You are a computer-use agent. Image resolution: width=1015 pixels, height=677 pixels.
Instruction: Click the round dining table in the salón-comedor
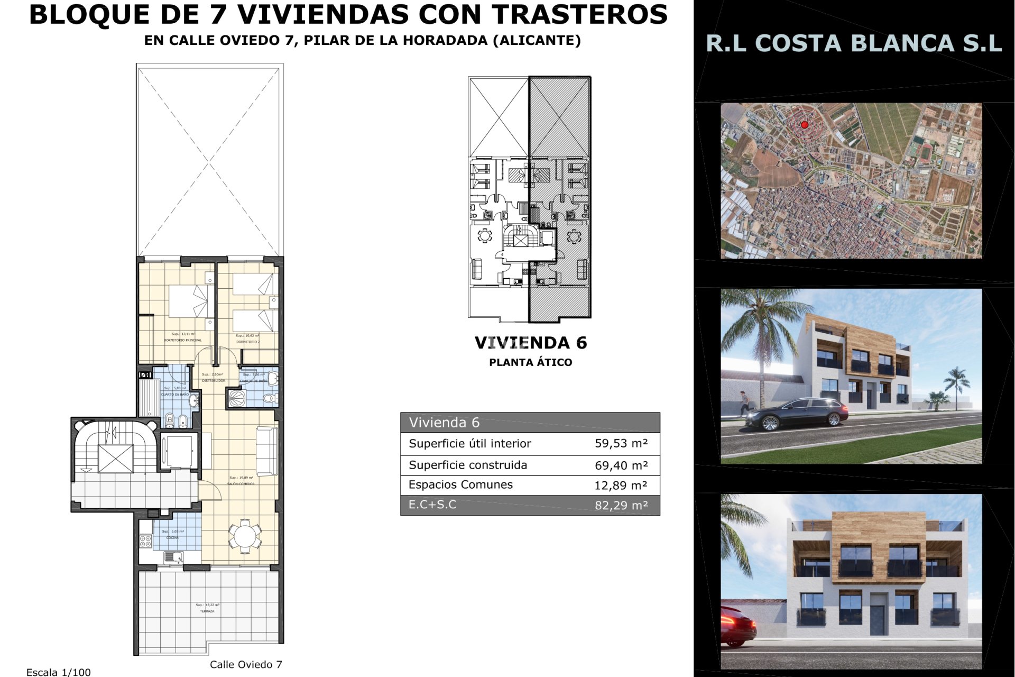pos(245,536)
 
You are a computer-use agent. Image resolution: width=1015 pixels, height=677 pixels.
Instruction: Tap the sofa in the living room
pos(267,451)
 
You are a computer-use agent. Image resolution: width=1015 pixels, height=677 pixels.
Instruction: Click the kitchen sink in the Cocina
pos(173,557)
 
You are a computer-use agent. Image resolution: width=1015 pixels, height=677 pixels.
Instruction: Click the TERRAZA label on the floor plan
pos(207,611)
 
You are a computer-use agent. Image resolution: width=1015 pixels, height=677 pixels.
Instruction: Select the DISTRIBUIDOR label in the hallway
pos(214,381)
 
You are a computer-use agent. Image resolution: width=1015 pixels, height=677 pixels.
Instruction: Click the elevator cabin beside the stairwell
pos(179,451)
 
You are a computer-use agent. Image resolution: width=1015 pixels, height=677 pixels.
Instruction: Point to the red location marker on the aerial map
pos(805,125)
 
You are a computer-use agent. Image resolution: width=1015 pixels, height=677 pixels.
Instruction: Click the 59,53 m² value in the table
pos(621,443)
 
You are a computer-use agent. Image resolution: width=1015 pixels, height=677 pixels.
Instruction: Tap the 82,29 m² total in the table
pos(621,505)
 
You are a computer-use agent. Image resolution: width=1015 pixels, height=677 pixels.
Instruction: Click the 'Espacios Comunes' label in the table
pos(460,484)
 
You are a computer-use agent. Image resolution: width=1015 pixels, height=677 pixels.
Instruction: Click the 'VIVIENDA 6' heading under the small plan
pos(531,343)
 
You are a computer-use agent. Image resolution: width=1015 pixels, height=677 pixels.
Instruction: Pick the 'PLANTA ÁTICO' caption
pos(531,362)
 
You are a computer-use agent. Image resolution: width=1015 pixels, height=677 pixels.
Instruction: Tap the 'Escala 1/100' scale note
pos(59,672)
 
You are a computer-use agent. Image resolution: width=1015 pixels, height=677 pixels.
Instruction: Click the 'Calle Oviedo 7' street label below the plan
pos(246,664)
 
